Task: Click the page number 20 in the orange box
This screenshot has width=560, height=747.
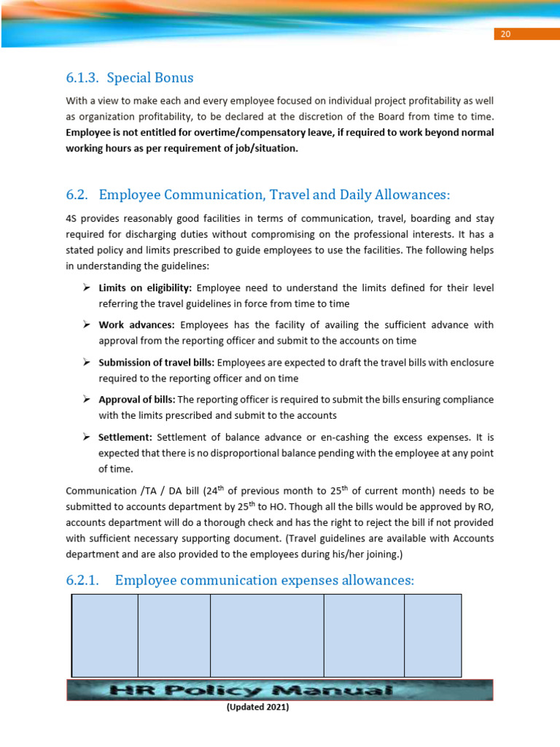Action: point(505,34)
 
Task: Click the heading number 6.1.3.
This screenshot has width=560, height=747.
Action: point(82,77)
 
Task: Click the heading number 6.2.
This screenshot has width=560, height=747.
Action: point(77,195)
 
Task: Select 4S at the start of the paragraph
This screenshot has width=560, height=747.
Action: point(71,218)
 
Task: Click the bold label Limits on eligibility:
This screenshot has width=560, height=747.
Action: point(145,288)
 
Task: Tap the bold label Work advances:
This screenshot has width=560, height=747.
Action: point(136,325)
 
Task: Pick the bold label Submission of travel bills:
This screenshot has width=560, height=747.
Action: point(157,362)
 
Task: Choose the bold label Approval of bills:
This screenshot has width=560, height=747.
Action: point(137,400)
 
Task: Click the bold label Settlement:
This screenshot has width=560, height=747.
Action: point(125,437)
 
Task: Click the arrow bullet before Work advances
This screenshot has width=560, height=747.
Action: point(86,325)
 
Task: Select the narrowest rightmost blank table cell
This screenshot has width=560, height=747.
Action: point(432,635)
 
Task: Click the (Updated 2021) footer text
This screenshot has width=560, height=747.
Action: point(258,707)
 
